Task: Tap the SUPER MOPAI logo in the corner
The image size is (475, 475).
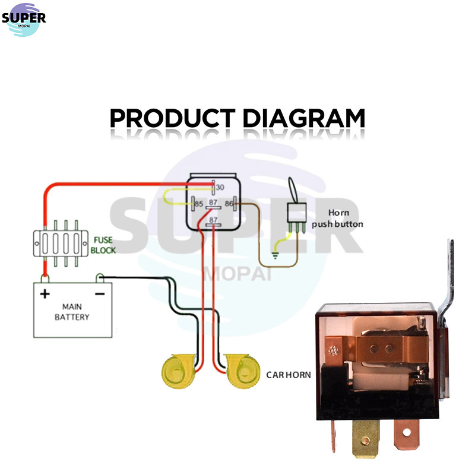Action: [24, 20]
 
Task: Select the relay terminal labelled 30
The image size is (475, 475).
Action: [214, 187]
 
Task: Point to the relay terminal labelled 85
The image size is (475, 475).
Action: [193, 204]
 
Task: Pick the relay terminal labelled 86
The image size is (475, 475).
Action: [235, 204]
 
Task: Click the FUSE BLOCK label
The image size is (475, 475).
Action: [103, 245]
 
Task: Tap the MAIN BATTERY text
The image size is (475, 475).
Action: [72, 312]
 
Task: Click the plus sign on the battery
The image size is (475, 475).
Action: [45, 294]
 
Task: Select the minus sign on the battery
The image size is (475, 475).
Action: [100, 294]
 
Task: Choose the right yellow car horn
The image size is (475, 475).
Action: [243, 372]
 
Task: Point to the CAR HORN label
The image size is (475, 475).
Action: [289, 375]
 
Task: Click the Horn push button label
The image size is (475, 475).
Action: [337, 218]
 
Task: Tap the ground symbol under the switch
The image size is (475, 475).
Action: [275, 255]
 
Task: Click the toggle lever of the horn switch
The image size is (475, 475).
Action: [293, 189]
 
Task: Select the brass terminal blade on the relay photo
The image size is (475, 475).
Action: [366, 438]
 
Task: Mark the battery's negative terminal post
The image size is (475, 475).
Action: [100, 278]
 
